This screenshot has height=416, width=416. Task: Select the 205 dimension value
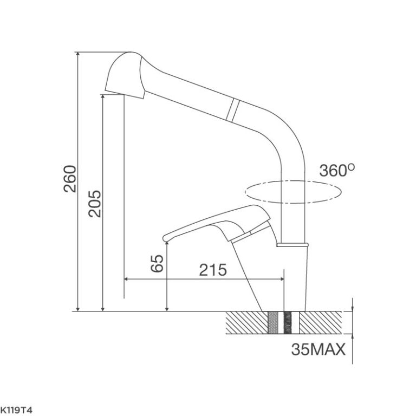(x=95, y=204)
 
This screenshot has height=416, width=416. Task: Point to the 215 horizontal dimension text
(x=212, y=270)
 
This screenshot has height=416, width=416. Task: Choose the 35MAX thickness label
(x=318, y=350)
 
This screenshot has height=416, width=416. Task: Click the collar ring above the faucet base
(x=293, y=245)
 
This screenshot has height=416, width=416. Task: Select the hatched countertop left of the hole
(x=246, y=324)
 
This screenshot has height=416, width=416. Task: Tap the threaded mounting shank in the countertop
(x=284, y=324)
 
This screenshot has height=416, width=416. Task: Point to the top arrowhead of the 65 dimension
(x=167, y=245)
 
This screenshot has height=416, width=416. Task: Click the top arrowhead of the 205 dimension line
(x=102, y=96)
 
